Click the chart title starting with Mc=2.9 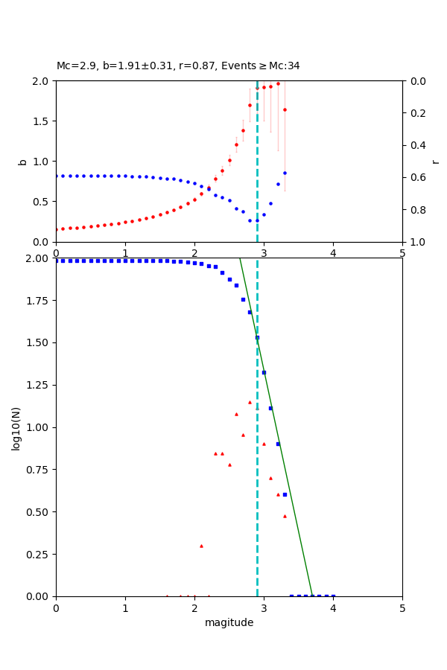click(x=178, y=66)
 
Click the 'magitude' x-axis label click(x=229, y=622)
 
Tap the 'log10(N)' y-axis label click(x=16, y=428)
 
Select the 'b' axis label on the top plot click(x=22, y=161)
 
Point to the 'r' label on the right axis click(x=435, y=161)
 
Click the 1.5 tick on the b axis click(x=42, y=121)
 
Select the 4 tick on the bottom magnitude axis click(x=333, y=607)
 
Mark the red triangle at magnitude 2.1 click(x=201, y=546)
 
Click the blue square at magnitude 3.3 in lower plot click(x=285, y=494)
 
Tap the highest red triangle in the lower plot click(x=250, y=402)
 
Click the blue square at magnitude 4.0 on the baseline click(x=333, y=596)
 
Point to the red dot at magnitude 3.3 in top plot click(x=285, y=109)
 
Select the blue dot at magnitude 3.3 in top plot click(x=285, y=173)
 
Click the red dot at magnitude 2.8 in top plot click(x=250, y=105)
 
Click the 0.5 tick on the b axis click(x=42, y=202)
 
